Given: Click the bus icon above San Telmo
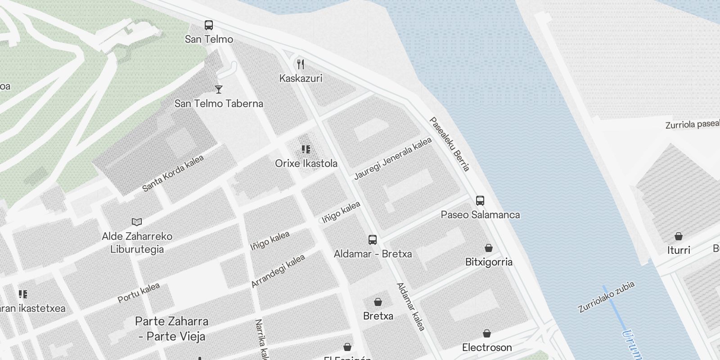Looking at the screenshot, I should [x=208, y=25].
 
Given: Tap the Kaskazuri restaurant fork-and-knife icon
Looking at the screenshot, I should [x=301, y=64].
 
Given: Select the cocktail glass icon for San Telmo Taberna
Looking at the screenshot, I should [x=219, y=89].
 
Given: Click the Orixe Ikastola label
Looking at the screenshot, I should [x=306, y=163].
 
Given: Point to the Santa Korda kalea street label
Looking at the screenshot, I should [x=173, y=173].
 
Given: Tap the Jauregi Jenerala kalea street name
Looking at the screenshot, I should [x=392, y=158].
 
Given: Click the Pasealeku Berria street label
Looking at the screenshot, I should [x=449, y=144].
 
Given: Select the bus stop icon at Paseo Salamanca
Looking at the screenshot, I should [x=480, y=201].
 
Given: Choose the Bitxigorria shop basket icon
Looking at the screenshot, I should [x=488, y=248].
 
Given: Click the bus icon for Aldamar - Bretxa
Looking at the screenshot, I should [x=373, y=239].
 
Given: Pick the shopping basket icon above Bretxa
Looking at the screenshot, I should [x=378, y=302].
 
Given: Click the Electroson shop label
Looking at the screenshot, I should [x=487, y=347].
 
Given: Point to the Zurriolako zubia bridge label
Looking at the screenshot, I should [x=606, y=297].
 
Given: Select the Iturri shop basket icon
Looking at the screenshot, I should [x=678, y=236].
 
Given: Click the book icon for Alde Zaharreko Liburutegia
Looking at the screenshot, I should [x=137, y=222].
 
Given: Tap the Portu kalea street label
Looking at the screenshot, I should [x=139, y=293].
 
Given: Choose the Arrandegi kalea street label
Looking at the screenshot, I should [x=278, y=271].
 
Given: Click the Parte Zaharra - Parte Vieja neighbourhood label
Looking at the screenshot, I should [x=171, y=329].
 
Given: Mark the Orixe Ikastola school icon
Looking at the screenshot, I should [x=306, y=149].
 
